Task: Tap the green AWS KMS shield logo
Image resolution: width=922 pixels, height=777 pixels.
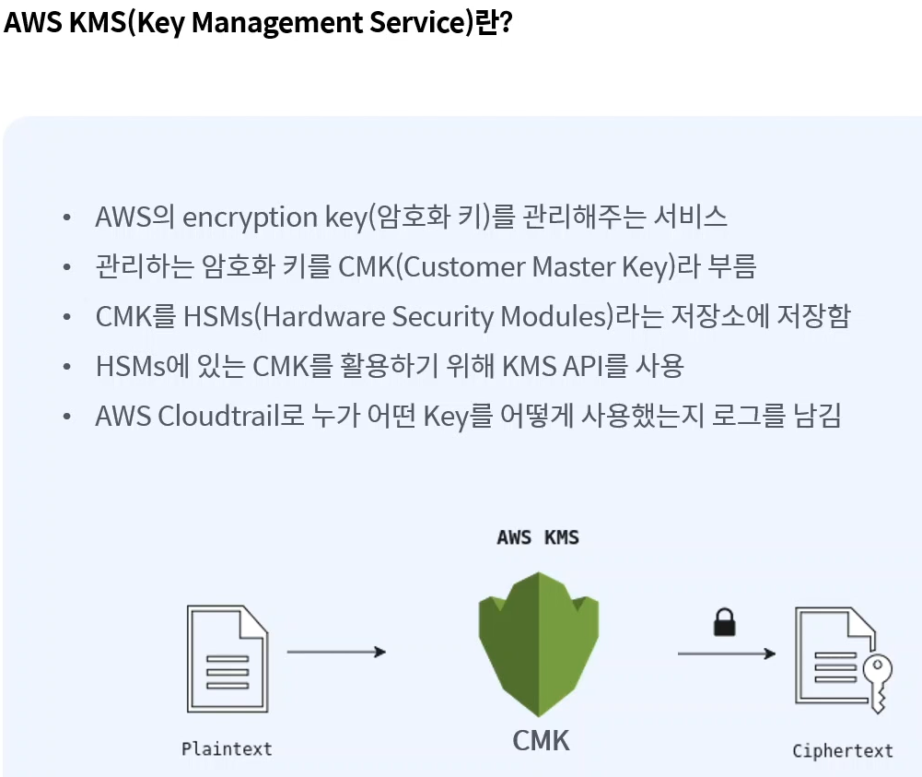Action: pyautogui.click(x=539, y=643)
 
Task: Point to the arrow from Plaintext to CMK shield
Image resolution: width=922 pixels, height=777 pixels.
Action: pyautogui.click(x=336, y=653)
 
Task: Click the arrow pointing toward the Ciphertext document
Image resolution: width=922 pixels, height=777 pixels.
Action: pyautogui.click(x=726, y=653)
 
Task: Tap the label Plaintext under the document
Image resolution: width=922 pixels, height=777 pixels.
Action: pyautogui.click(x=227, y=748)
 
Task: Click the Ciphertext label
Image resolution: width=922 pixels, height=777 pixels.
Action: pyautogui.click(x=843, y=750)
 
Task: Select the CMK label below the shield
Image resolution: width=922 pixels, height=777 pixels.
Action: pyautogui.click(x=541, y=739)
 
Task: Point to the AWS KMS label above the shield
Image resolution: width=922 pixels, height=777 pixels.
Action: pyautogui.click(x=538, y=536)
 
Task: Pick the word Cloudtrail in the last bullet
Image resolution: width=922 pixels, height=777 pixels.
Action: pyautogui.click(x=217, y=417)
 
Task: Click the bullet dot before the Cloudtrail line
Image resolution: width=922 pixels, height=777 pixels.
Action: pyautogui.click(x=66, y=418)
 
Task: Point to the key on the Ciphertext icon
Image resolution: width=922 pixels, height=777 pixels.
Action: pyautogui.click(x=877, y=679)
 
